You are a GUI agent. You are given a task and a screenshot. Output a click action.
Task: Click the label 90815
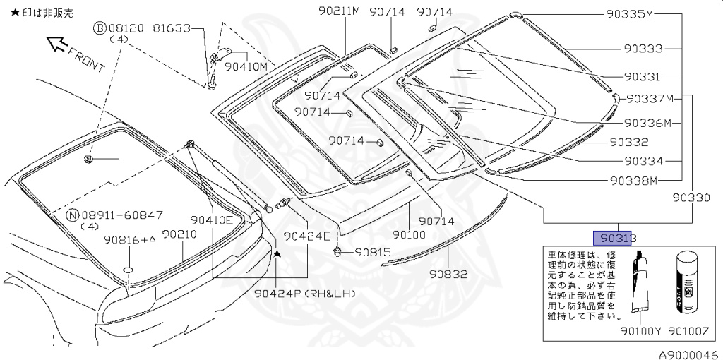pyautogui.click(x=372, y=251)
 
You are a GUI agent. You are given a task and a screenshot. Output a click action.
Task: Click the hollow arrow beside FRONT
pyautogui.click(x=54, y=45)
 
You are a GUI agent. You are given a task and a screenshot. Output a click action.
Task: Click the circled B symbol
pyautogui.click(x=100, y=28)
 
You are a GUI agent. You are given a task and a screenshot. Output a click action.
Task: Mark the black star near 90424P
pyautogui.click(x=277, y=253)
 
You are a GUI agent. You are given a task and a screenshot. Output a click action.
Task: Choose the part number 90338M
pyautogui.click(x=634, y=180)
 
